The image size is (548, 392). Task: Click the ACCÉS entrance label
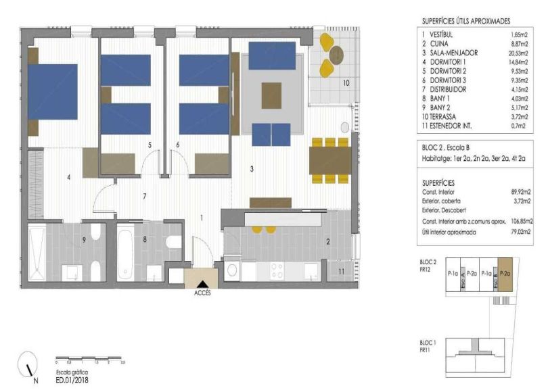pos(202,294)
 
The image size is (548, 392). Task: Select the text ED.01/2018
pos(71,380)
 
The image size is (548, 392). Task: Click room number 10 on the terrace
pos(344,84)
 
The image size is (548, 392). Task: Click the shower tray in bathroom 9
pos(37,253)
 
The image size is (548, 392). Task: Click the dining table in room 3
pos(329,160)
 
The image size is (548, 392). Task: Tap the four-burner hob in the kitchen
pos(277,270)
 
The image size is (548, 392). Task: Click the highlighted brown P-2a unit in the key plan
pos(505,274)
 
